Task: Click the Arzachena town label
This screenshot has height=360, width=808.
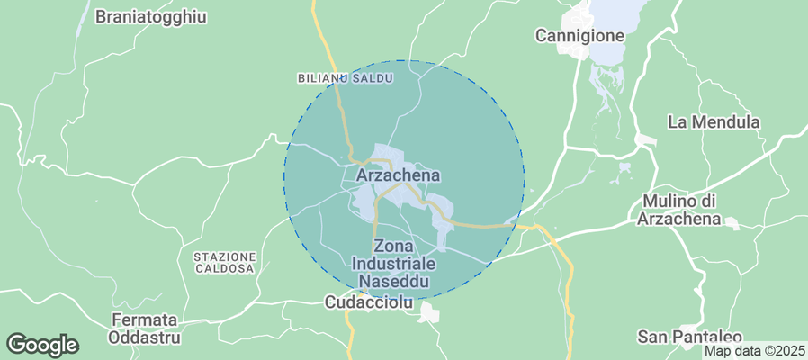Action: pyautogui.click(x=398, y=175)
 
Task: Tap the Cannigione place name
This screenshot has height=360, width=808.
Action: pyautogui.click(x=579, y=36)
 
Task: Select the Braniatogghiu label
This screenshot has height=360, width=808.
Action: pyautogui.click(x=151, y=16)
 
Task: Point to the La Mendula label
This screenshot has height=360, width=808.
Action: pyautogui.click(x=714, y=121)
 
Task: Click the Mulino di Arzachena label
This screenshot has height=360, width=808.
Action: pyautogui.click(x=679, y=209)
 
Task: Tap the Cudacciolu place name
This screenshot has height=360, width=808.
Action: pyautogui.click(x=368, y=304)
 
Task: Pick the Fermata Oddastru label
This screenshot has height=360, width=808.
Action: pyautogui.click(x=144, y=329)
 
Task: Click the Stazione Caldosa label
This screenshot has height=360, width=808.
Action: pyautogui.click(x=225, y=263)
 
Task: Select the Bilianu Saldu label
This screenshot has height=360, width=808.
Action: pyautogui.click(x=345, y=79)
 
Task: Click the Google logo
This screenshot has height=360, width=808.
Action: pyautogui.click(x=42, y=344)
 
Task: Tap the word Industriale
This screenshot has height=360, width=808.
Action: pyautogui.click(x=392, y=263)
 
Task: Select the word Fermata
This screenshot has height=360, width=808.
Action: pyautogui.click(x=144, y=320)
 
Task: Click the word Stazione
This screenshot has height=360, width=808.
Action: pyautogui.click(x=225, y=256)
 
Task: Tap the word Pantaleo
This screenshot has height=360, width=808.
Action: pyautogui.click(x=706, y=337)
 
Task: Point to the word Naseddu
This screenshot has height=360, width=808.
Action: pyautogui.click(x=392, y=281)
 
